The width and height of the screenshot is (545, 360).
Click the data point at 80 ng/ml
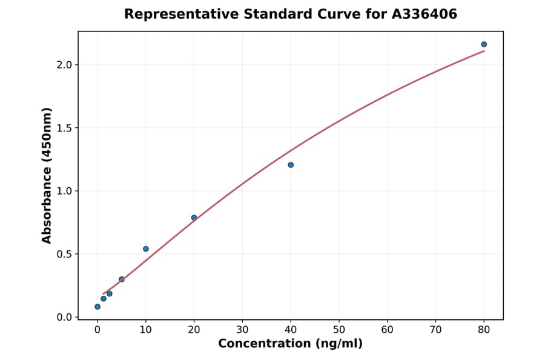click(x=484, y=44)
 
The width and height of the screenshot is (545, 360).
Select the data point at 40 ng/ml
click(x=291, y=165)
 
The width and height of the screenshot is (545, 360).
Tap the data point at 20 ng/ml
click(x=194, y=218)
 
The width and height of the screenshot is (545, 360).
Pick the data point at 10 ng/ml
click(x=146, y=248)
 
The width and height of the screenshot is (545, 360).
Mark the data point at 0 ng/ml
click(x=97, y=307)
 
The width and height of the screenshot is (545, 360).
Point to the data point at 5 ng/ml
click(x=122, y=279)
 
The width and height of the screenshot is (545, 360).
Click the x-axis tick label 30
click(x=242, y=330)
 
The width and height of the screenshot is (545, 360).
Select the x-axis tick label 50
click(x=339, y=330)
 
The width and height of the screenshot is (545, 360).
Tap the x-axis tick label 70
click(x=435, y=330)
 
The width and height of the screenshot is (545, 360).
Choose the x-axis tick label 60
click(x=387, y=330)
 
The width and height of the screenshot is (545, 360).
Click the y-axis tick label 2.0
click(x=64, y=65)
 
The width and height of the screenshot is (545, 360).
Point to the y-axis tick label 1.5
click(x=64, y=128)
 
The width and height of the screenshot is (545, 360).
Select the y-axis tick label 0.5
click(x=64, y=254)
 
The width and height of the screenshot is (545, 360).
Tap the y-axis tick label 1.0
click(x=64, y=191)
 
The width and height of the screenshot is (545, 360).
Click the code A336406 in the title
click(x=424, y=14)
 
